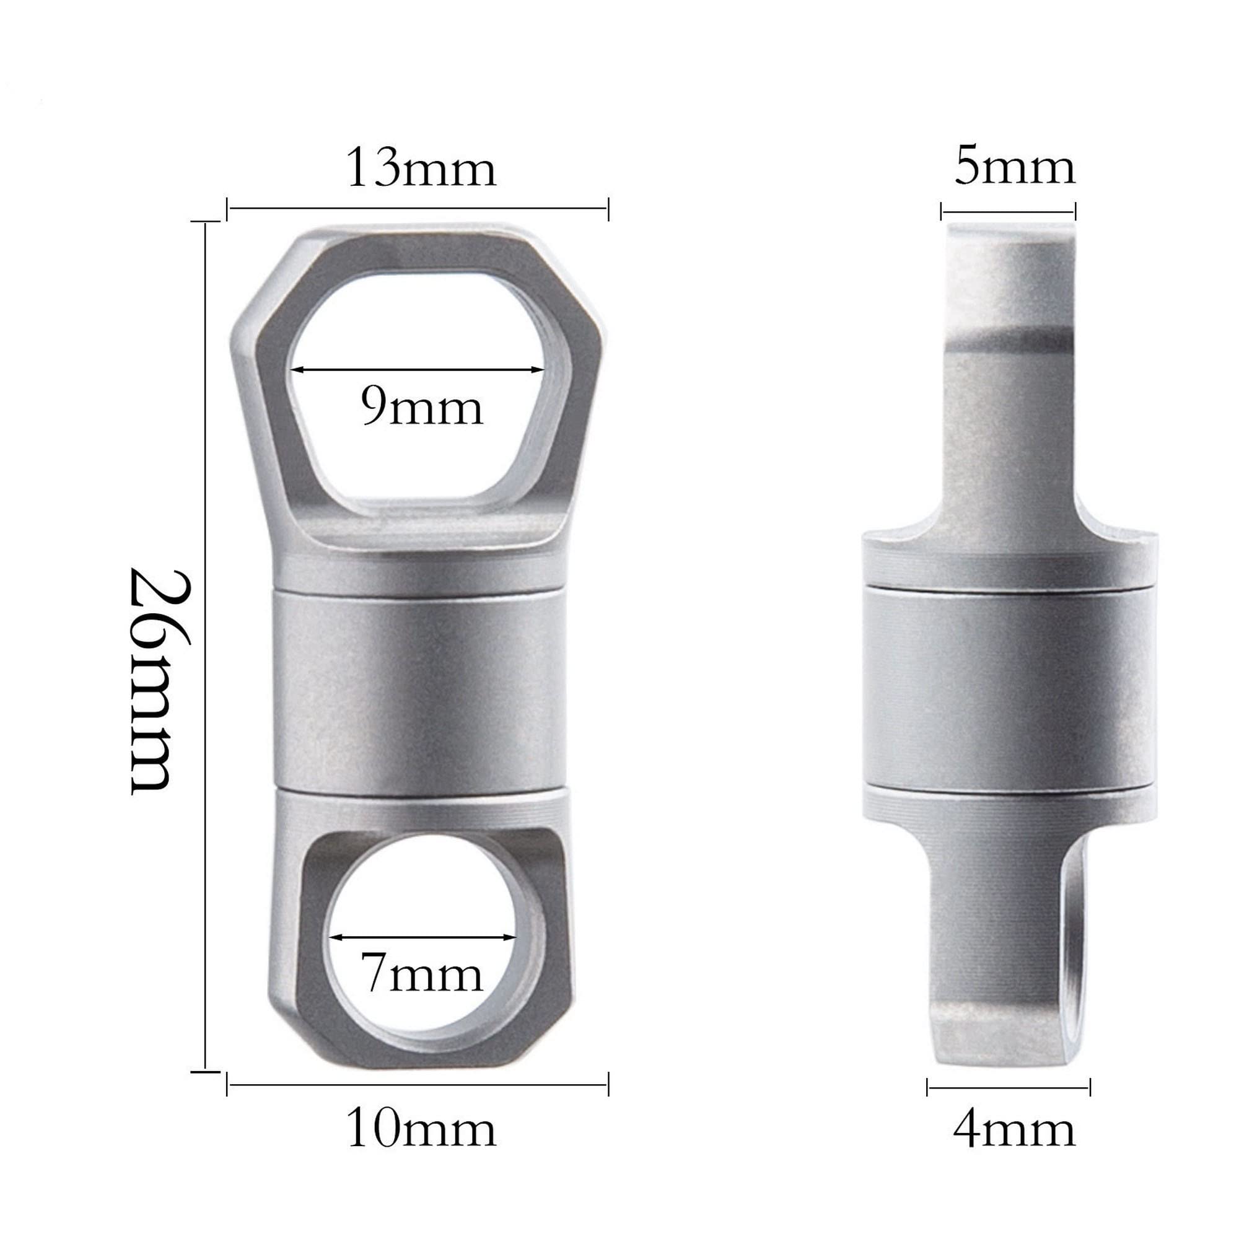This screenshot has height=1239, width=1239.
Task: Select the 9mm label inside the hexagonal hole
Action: pyautogui.click(x=421, y=408)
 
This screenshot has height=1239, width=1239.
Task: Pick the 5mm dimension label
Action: pyautogui.click(x=1014, y=168)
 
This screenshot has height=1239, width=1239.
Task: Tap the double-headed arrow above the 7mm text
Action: pyautogui.click(x=423, y=937)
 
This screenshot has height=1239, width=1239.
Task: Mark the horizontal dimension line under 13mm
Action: pyautogui.click(x=417, y=208)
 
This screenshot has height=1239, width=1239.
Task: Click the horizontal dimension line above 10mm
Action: pyautogui.click(x=417, y=1085)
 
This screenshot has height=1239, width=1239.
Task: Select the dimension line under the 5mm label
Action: pyautogui.click(x=1007, y=212)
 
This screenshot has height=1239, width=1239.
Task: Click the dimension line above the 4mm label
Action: pyautogui.click(x=1008, y=1087)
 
